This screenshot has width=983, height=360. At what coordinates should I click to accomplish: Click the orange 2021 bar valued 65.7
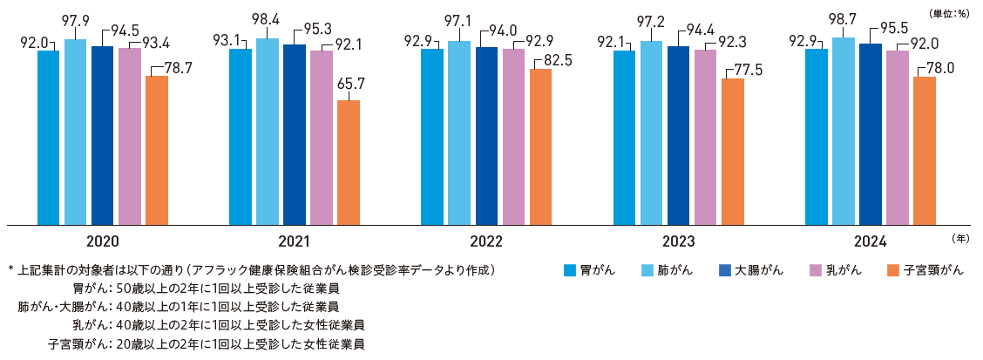[x=349, y=163]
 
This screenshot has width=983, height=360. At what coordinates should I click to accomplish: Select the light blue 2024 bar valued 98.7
[x=843, y=132]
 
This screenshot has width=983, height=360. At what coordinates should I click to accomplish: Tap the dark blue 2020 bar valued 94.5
[x=102, y=135]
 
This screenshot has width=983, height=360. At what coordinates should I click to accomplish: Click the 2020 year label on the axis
[x=103, y=241]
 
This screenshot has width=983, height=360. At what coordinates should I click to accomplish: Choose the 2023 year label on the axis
[x=678, y=241]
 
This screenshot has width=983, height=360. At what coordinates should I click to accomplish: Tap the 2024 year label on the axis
[x=870, y=241]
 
